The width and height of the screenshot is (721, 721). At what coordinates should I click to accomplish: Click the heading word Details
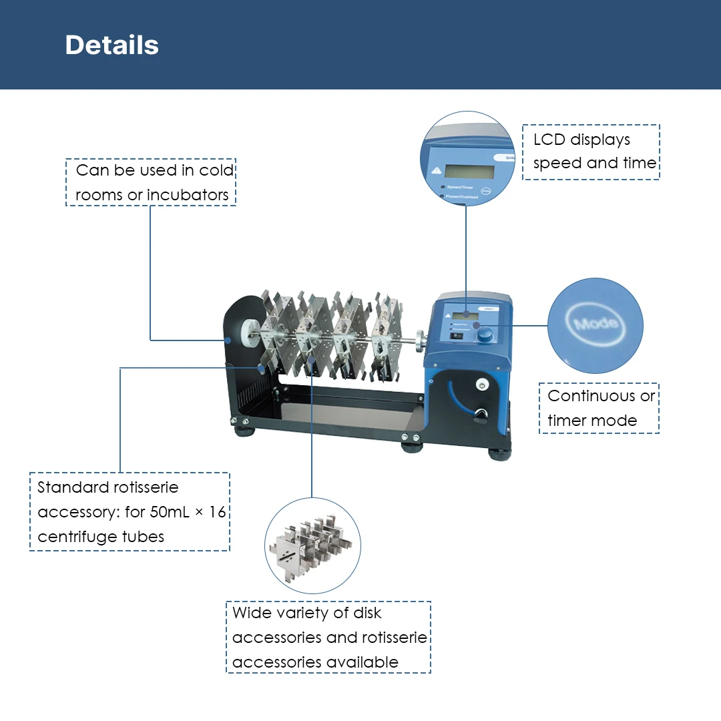tap(111, 45)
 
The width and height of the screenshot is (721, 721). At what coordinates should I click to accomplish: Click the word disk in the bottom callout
tap(367, 613)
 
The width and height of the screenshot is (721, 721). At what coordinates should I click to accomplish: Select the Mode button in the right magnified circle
tap(595, 325)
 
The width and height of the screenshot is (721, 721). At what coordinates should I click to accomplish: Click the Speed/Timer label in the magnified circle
tap(460, 188)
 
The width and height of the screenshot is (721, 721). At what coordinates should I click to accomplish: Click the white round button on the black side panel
tap(481, 385)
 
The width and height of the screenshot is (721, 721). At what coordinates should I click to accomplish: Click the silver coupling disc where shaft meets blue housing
tap(419, 338)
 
